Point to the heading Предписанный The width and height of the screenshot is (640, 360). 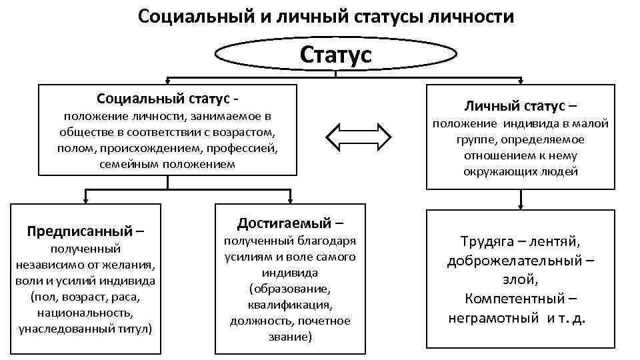coord(80,231)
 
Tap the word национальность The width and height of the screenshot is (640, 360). coord(85,311)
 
